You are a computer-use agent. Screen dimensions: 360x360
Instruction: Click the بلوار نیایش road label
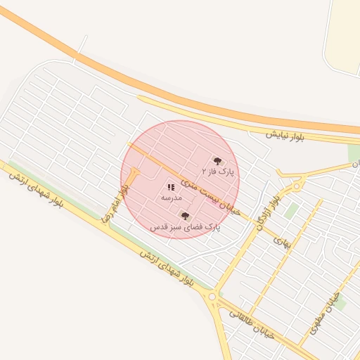pos(284,135)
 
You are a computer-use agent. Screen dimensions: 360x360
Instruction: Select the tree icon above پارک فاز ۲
pos(217,161)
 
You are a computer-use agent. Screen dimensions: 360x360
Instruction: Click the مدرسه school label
pos(171,198)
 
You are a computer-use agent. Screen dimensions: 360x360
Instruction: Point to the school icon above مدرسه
pos(171,187)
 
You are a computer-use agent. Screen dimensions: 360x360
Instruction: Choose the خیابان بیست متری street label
pos(210,195)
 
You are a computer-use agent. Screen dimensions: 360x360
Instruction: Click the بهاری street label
pos(281,242)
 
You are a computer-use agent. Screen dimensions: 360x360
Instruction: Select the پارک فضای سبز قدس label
pos(185,227)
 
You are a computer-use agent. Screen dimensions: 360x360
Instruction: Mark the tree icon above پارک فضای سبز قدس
pos(185,216)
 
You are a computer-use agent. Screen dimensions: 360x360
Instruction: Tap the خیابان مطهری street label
pos(325,312)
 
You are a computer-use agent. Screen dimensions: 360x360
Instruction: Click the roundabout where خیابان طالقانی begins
pos(212,297)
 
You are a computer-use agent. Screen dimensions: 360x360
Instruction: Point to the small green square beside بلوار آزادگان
pos(291,210)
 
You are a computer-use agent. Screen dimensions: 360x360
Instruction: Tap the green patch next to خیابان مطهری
pos(340,304)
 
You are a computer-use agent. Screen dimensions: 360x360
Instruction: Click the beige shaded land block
pos(345,35)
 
